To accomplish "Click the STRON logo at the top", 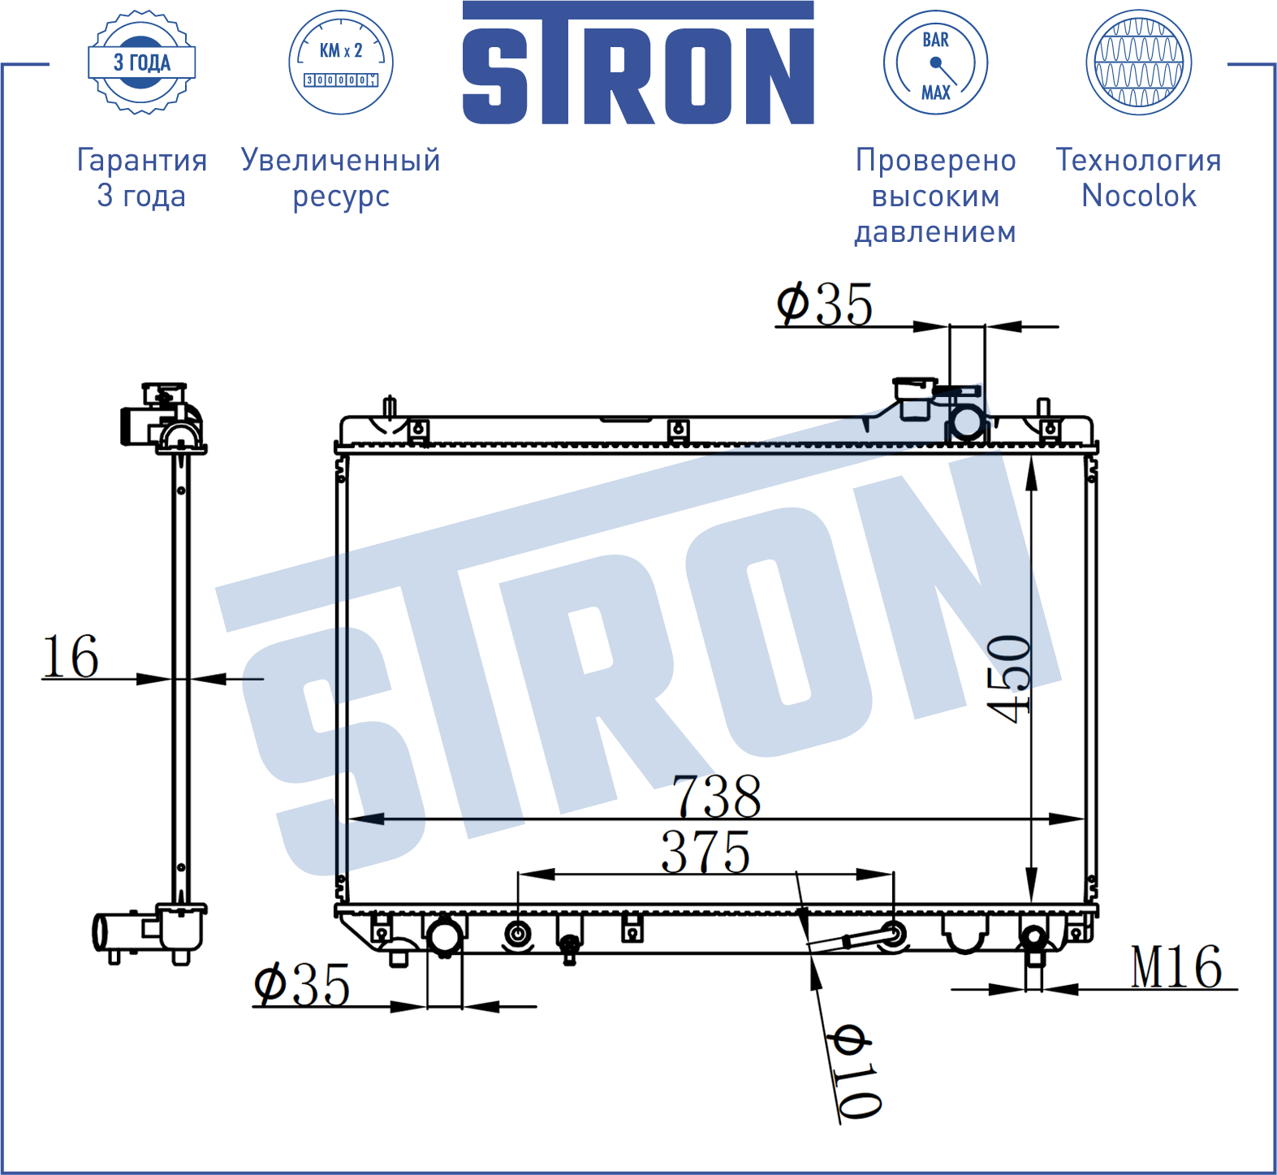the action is pyautogui.click(x=638, y=63).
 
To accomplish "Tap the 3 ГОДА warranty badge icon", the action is pyautogui.click(x=142, y=63).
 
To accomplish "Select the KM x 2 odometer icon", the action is pyautogui.click(x=341, y=63).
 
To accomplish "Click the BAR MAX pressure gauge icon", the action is pyautogui.click(x=935, y=63).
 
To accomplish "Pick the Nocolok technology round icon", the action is pyautogui.click(x=1139, y=63).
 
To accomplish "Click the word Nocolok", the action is pyautogui.click(x=1139, y=196).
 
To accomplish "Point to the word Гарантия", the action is pyautogui.click(x=142, y=160).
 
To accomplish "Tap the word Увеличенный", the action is pyautogui.click(x=341, y=160).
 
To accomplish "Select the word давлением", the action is pyautogui.click(x=935, y=232).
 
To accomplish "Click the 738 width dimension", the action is pyautogui.click(x=717, y=796).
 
